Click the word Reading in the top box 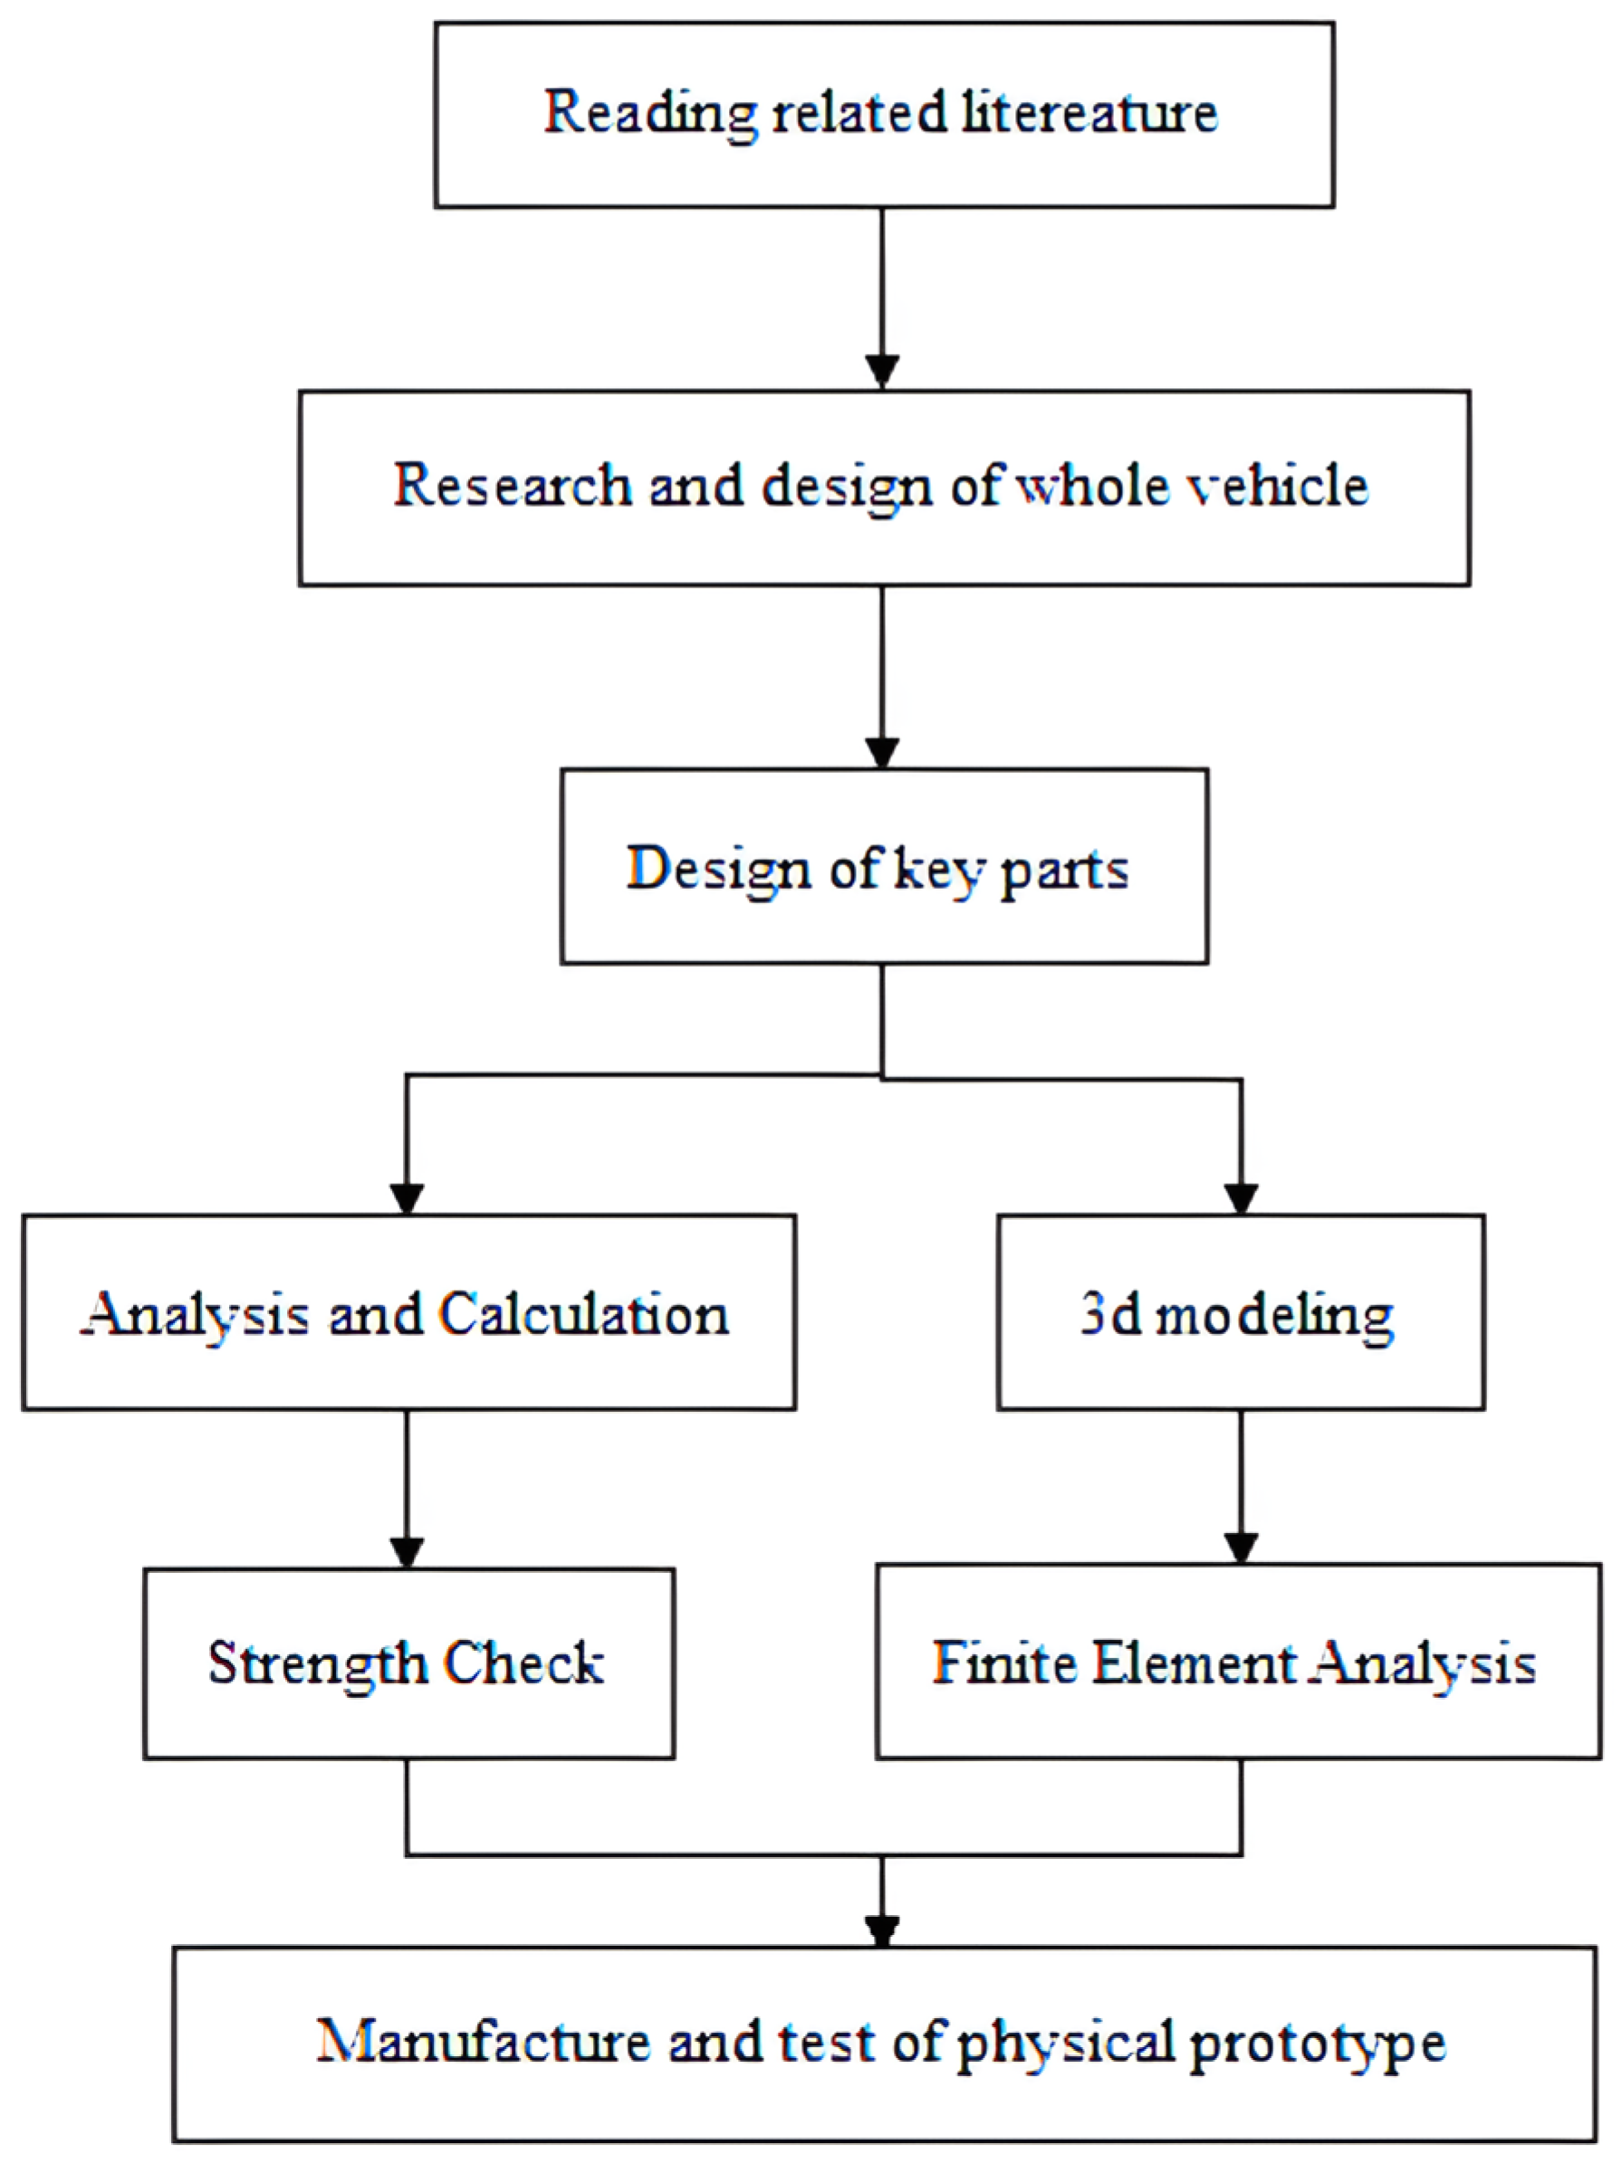tap(649, 113)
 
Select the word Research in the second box tap(512, 486)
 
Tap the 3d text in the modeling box tap(1110, 1314)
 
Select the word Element tap(1195, 1663)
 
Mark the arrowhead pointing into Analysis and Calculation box tap(406, 1198)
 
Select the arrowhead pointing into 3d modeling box tap(1241, 1198)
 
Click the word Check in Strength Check tap(523, 1663)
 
